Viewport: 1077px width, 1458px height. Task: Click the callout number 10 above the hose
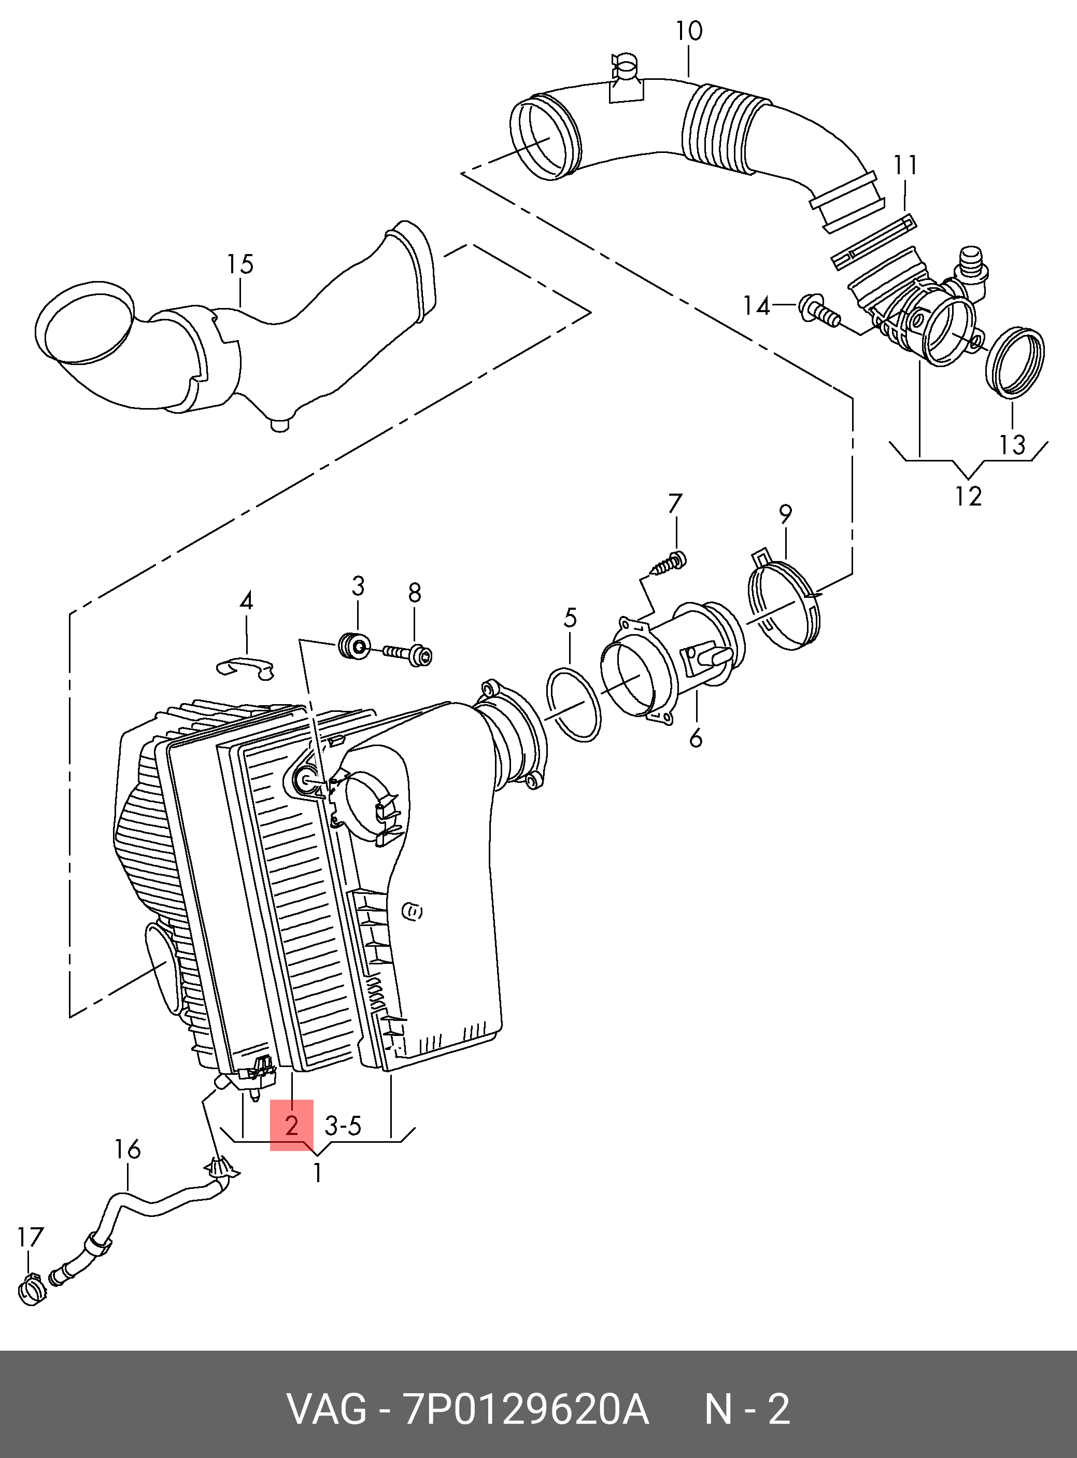tap(688, 31)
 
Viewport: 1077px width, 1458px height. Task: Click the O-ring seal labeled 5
tap(574, 704)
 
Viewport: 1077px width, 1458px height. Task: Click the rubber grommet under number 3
tap(355, 646)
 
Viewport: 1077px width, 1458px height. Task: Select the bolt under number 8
tap(407, 653)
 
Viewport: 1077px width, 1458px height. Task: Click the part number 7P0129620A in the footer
tap(526, 1410)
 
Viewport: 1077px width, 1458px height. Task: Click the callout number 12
tap(968, 496)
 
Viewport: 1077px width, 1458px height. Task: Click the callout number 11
tap(905, 165)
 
